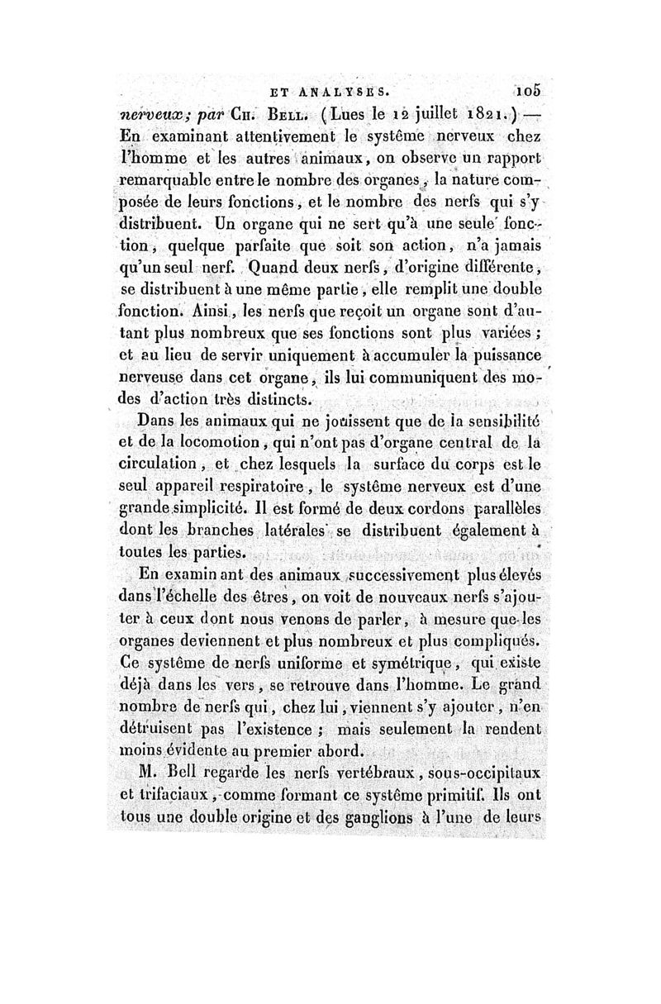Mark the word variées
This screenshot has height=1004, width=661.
[x=510, y=333]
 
